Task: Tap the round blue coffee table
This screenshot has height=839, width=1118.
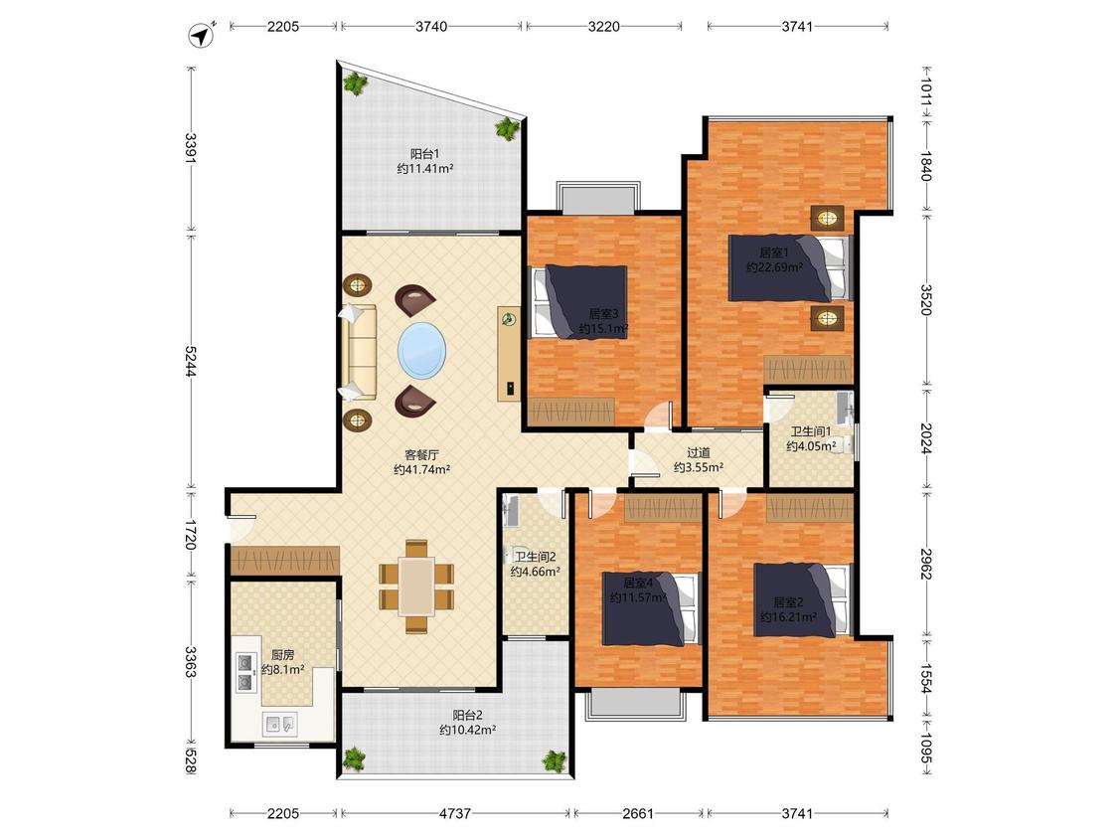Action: (422, 350)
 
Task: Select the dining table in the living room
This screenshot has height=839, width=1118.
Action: (416, 587)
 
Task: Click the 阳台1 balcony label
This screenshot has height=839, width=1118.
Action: (425, 153)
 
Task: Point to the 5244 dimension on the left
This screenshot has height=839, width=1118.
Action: (191, 361)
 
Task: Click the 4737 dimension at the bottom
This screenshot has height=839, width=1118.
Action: (455, 813)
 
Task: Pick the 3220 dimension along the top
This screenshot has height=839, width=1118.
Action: (604, 27)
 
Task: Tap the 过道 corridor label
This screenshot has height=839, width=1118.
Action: (699, 452)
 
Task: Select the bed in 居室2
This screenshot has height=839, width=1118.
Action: (803, 600)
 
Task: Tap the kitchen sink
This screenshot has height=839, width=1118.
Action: (279, 724)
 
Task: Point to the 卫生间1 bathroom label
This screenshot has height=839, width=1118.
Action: (811, 431)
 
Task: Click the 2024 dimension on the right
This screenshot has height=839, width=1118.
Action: (925, 438)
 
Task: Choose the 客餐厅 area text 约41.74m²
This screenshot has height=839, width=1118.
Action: (422, 470)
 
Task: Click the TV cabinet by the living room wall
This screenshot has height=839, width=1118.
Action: (509, 354)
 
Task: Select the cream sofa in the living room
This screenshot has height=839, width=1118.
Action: (360, 352)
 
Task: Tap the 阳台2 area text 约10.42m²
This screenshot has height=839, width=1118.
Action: (468, 730)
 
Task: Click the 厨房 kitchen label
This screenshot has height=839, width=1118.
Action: (283, 654)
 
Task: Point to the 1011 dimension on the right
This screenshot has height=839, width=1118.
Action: (925, 92)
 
